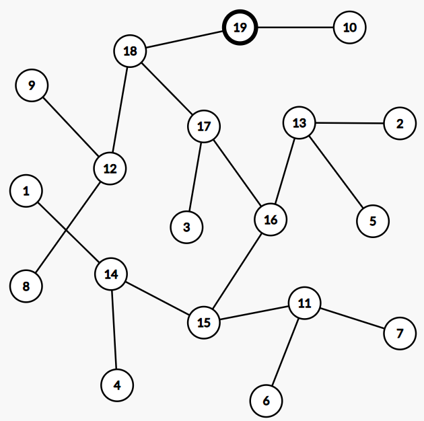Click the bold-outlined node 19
pyautogui.click(x=240, y=28)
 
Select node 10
pyautogui.click(x=349, y=28)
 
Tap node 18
pyautogui.click(x=130, y=51)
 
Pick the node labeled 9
pyautogui.click(x=31, y=85)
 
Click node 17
pyautogui.click(x=204, y=126)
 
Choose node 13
pyautogui.click(x=299, y=123)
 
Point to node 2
pyautogui.click(x=400, y=124)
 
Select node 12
pyautogui.click(x=110, y=167)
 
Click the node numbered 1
pyautogui.click(x=26, y=192)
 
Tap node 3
pyautogui.click(x=186, y=227)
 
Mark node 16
pyautogui.click(x=271, y=220)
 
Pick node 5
pyautogui.click(x=372, y=221)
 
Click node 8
pyautogui.click(x=26, y=286)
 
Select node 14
pyautogui.click(x=112, y=274)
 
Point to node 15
pyautogui.click(x=204, y=322)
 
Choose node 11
pyautogui.click(x=304, y=303)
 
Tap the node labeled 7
pyautogui.click(x=400, y=334)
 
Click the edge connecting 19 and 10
pyautogui.click(x=295, y=28)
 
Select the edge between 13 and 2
pyautogui.click(x=350, y=124)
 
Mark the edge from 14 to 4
pyautogui.click(x=114, y=330)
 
